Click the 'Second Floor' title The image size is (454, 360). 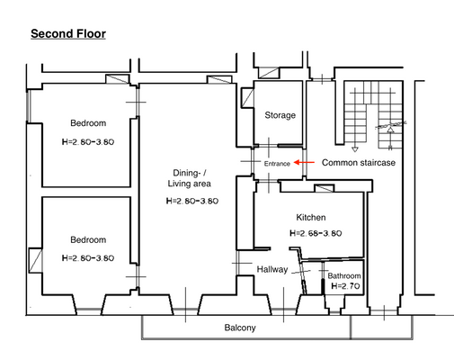click(68, 34)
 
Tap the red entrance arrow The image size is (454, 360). click(306, 163)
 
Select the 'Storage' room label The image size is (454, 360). click(280, 115)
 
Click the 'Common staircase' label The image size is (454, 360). click(360, 163)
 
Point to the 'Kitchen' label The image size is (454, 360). click(311, 218)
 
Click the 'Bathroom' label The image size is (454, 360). click(343, 275)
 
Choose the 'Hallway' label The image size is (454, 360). click(272, 269)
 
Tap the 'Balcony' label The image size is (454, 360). click(239, 328)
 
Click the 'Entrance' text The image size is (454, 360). click(277, 164)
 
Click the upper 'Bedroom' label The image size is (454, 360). click(88, 123)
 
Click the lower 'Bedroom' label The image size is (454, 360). click(88, 239)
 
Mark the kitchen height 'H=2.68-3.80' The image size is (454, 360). click(316, 233)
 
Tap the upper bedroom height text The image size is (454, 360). click(88, 141)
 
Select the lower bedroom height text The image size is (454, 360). click(88, 257)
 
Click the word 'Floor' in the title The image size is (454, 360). click(90, 34)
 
